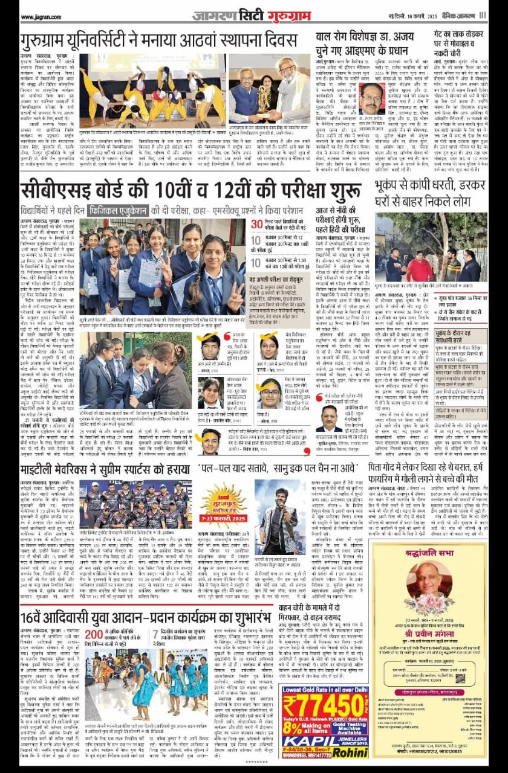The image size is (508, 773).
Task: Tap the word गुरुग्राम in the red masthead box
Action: pyautogui.click(x=279, y=15)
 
